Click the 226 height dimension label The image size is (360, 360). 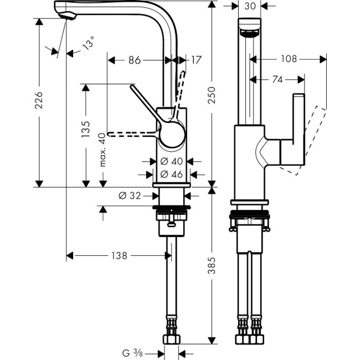coord(39,100)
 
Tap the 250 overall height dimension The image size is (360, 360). coord(212,95)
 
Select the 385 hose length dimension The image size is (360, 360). coord(212,266)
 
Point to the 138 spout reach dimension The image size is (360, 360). coord(119,255)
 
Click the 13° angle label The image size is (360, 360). coord(88,43)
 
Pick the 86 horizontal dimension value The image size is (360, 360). coord(135,60)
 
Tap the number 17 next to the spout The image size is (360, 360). coord(196,60)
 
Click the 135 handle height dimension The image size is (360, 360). coord(85,130)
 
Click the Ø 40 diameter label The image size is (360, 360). coord(172,161)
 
